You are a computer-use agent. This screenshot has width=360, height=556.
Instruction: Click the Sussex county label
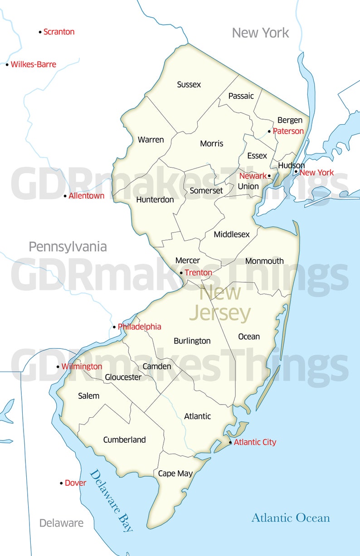[x=189, y=85]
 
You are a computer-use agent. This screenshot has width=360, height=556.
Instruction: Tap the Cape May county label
[x=175, y=474]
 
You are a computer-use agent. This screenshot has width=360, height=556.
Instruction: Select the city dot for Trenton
[x=181, y=273]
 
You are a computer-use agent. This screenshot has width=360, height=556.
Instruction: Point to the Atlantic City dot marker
[x=230, y=442]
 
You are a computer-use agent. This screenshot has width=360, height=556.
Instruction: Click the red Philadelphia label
[x=139, y=327]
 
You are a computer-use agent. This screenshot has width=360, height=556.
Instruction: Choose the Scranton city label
[x=59, y=32]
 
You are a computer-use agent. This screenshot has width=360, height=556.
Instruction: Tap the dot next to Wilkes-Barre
[x=7, y=65]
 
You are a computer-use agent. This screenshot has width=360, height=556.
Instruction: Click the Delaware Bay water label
[x=111, y=501]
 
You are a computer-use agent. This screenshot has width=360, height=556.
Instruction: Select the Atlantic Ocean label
[x=291, y=518]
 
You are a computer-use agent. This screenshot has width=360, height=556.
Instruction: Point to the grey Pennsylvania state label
[x=68, y=247]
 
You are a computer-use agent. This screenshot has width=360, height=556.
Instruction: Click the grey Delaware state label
[x=61, y=523]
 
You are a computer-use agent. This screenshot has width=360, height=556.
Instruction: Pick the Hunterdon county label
[x=155, y=200]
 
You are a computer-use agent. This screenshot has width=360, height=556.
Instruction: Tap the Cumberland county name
[x=124, y=440]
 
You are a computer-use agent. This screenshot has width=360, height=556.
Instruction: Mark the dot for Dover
[x=61, y=483]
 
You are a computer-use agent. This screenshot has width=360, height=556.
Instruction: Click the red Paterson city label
[x=288, y=131]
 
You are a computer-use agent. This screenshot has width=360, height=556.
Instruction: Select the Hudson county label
[x=291, y=165]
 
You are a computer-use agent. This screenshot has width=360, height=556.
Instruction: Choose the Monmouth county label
[x=264, y=261]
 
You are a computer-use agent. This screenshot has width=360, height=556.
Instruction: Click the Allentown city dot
[x=65, y=196]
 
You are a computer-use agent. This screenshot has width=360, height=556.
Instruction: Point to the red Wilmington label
[x=82, y=367]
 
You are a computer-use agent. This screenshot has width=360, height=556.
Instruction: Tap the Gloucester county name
[x=123, y=377]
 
